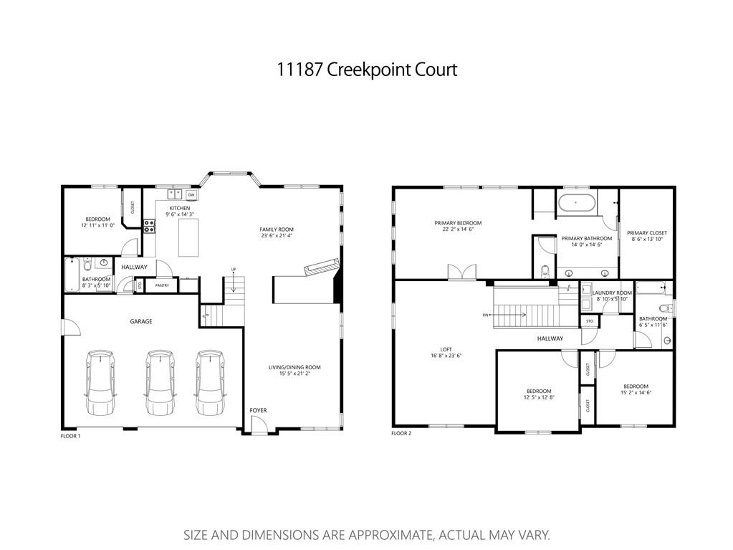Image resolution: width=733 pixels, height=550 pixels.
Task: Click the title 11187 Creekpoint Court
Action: point(366,70)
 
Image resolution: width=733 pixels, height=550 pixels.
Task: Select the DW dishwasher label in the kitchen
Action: point(191,194)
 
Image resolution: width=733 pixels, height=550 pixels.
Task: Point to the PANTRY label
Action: point(162,285)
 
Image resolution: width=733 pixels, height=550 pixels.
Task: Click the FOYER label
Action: point(258,410)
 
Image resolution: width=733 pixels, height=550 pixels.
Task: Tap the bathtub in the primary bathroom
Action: point(575,203)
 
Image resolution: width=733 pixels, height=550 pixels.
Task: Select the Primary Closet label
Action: point(646,233)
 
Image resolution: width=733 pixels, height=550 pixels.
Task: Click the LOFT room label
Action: point(445,349)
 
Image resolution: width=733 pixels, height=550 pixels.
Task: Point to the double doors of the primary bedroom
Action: point(460,272)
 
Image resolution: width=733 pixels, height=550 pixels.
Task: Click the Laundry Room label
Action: point(612,293)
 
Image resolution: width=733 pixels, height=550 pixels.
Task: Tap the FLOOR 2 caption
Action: point(401,434)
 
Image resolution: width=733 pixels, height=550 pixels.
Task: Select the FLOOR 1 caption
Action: point(70,435)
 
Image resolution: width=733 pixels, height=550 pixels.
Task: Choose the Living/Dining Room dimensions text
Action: point(294,374)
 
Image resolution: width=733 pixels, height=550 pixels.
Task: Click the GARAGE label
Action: point(140,321)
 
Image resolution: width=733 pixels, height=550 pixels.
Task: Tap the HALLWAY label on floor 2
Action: point(550,338)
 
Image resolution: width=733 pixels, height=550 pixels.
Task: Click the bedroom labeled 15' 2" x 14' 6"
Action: point(636,389)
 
